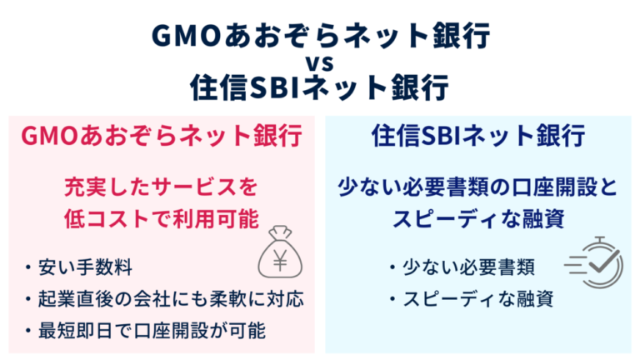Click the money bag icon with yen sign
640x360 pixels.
[x=279, y=251]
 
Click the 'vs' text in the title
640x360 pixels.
[x=319, y=61]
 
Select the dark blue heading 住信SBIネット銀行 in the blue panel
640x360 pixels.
[x=478, y=136]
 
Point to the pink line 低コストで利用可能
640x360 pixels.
[x=161, y=218]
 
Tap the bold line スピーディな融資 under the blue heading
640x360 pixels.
[x=478, y=218]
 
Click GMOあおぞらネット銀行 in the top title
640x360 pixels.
[x=319, y=35]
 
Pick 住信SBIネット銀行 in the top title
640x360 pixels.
[x=319, y=86]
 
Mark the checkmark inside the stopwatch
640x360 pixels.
[x=602, y=266]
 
